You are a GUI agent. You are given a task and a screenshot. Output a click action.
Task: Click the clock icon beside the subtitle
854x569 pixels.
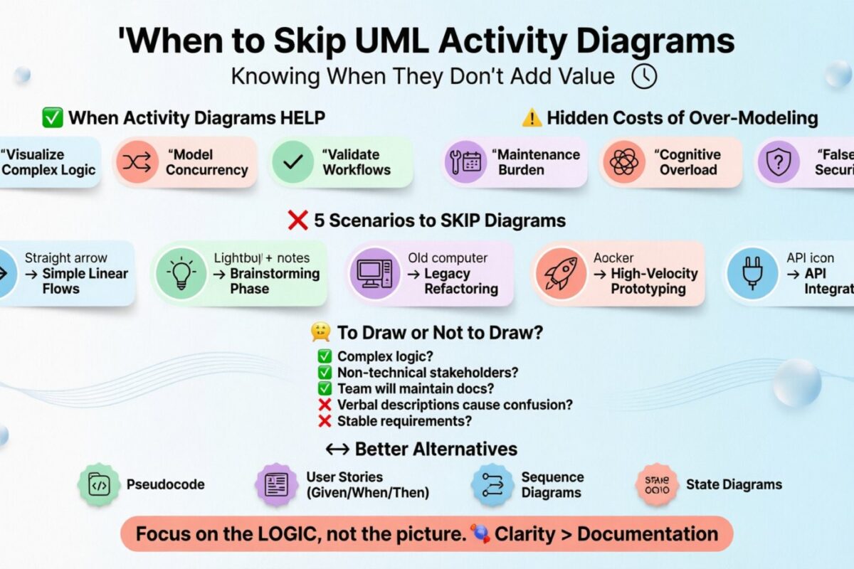click(x=644, y=76)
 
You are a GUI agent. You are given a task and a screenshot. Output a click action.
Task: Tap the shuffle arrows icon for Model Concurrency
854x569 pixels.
click(x=137, y=162)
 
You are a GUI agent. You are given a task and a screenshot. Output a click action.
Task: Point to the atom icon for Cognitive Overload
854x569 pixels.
click(x=624, y=162)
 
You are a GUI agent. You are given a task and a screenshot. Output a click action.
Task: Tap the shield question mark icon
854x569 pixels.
click(x=778, y=162)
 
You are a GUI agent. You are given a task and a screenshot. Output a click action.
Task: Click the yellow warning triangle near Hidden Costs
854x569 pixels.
click(x=531, y=118)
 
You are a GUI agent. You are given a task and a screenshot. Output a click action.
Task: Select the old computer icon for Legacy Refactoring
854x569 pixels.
click(x=371, y=274)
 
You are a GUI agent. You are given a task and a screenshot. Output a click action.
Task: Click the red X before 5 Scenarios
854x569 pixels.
click(x=297, y=221)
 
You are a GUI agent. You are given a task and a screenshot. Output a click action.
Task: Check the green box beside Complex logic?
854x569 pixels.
click(x=325, y=357)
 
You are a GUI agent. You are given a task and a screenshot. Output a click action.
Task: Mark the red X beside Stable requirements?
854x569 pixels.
click(x=325, y=421)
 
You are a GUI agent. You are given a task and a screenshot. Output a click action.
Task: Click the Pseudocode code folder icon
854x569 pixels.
click(x=99, y=484)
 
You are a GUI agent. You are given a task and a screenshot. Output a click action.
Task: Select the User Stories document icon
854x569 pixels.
click(x=276, y=484)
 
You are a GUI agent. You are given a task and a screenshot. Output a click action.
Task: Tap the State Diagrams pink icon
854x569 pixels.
click(x=656, y=484)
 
